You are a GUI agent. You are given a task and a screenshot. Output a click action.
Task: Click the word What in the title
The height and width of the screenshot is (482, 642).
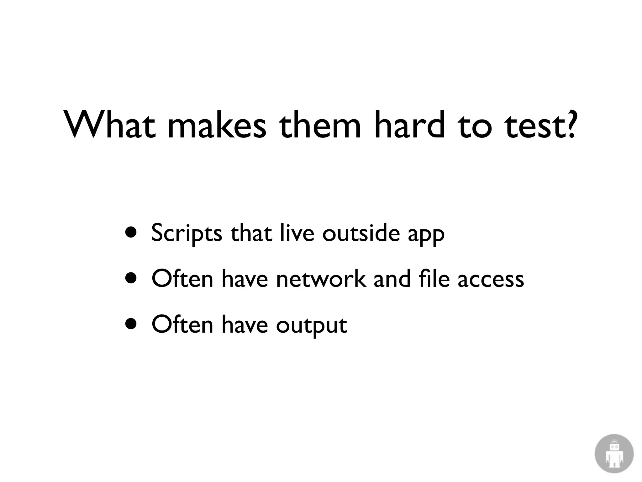(110, 125)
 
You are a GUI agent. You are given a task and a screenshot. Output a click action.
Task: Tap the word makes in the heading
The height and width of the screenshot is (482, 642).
(217, 125)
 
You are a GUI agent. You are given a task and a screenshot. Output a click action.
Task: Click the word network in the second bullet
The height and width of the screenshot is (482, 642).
(321, 279)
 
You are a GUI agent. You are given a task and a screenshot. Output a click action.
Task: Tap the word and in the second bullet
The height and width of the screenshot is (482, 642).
(392, 279)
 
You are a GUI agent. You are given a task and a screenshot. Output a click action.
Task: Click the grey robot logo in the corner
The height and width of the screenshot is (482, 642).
(614, 453)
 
